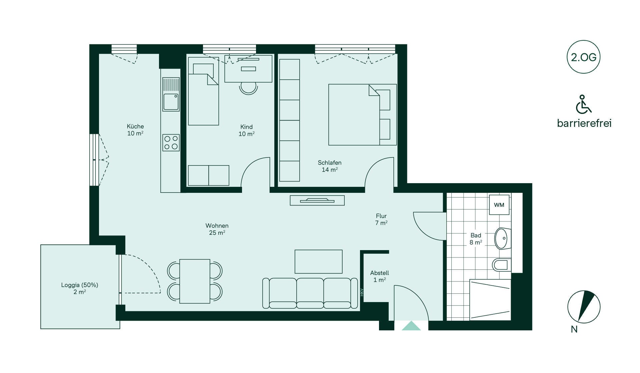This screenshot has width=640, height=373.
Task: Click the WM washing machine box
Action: click(499, 205)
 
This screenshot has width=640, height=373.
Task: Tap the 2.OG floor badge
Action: click(583, 57)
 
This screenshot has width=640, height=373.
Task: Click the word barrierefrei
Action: click(584, 123)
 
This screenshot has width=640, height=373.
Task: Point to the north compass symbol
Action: click(584, 307)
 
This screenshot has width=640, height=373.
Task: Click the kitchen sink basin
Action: click(171, 102)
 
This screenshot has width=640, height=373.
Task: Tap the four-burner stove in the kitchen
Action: click(171, 143)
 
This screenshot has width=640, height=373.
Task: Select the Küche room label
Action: click(135, 130)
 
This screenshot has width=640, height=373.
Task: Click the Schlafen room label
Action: click(330, 166)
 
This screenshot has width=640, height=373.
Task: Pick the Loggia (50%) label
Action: click(80, 288)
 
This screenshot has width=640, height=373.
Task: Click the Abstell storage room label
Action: click(380, 276)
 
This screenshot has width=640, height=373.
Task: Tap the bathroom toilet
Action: click(501, 265)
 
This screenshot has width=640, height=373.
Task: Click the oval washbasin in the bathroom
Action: click(503, 238)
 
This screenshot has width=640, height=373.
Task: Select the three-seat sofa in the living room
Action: click(310, 293)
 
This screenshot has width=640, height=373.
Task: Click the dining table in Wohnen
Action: click(195, 281)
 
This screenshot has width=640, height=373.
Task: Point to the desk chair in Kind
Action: click(248, 88)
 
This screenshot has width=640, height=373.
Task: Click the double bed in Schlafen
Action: click(363, 115)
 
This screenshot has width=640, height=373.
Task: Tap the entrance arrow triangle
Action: click(411, 326)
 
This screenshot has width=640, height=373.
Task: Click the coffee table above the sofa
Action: click(319, 261)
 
